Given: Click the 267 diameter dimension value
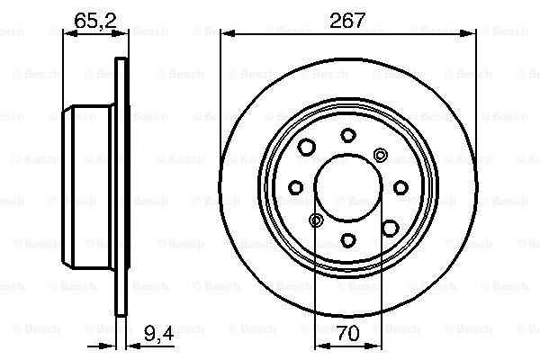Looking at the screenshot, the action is [x=346, y=21].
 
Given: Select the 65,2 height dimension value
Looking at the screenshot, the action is [x=95, y=21].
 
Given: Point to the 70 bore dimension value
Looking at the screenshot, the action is [x=348, y=333].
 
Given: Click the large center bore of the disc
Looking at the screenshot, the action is [x=348, y=187].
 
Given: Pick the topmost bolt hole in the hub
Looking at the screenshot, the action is [x=348, y=135].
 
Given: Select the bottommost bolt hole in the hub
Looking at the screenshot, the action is [x=348, y=239].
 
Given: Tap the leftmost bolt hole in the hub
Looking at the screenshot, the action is [x=295, y=187].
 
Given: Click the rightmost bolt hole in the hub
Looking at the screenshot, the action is [x=400, y=187].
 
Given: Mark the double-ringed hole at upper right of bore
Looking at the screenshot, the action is [x=380, y=156].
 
